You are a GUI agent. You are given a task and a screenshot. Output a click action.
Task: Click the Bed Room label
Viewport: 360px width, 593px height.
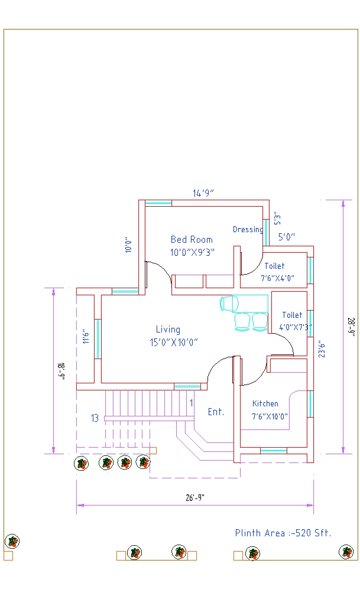[x=192, y=239]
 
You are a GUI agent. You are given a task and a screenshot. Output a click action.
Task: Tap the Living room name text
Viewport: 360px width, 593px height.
[x=168, y=330]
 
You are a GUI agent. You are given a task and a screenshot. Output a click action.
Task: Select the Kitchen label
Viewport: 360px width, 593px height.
[x=265, y=403]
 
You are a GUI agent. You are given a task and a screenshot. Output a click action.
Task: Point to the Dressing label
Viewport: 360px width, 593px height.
[x=248, y=229]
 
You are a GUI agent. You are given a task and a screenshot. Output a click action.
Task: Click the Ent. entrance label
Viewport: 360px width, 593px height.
[x=216, y=412]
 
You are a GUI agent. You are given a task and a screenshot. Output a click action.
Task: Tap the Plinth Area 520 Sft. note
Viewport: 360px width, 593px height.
[x=283, y=533]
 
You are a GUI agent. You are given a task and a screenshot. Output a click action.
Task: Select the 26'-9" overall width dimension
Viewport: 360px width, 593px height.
[x=195, y=497]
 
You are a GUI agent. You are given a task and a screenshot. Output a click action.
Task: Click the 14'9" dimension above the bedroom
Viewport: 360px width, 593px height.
[x=203, y=193]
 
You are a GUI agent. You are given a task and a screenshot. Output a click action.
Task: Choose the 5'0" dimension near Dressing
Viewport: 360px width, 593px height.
[x=287, y=237]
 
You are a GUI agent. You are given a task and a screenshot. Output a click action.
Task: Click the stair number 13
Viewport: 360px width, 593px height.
[x=95, y=418]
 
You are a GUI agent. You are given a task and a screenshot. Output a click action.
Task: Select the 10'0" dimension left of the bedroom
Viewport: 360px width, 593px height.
[x=127, y=245]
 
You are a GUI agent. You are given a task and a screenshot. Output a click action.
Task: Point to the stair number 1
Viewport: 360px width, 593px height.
[x=191, y=403]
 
